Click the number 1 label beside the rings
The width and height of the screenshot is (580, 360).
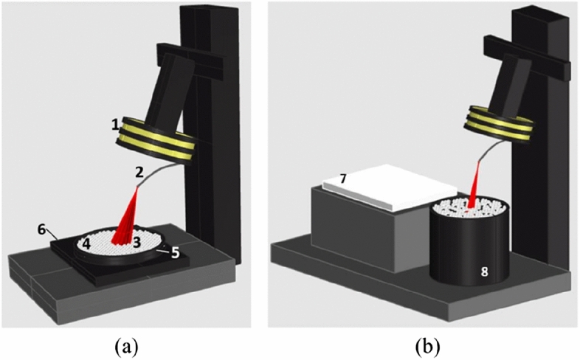click(x=116, y=127)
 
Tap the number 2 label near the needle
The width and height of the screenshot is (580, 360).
click(x=139, y=173)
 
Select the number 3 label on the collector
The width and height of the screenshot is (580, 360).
click(x=137, y=240)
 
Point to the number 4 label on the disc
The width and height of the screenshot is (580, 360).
click(x=86, y=242)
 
